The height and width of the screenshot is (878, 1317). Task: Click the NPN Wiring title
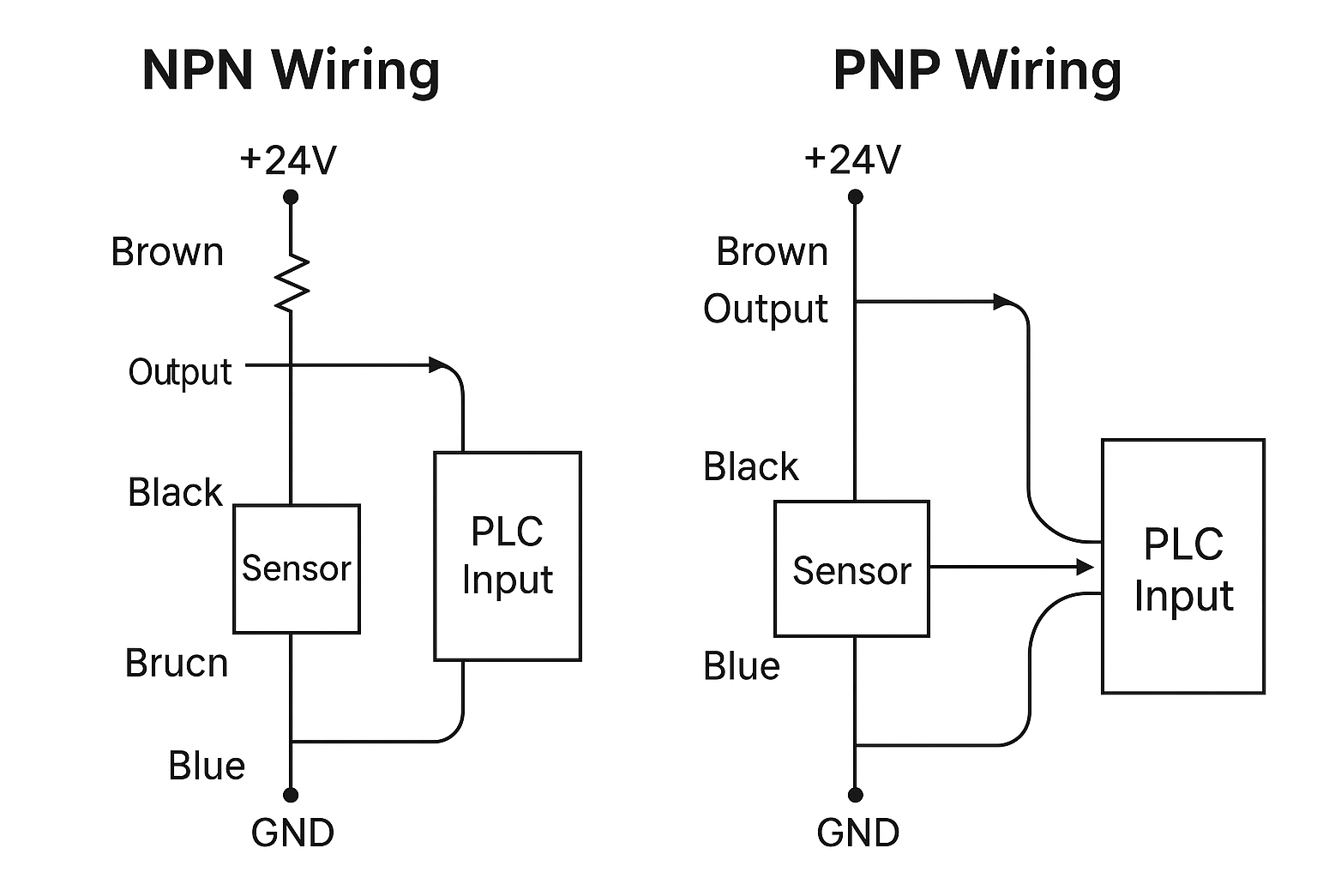(291, 70)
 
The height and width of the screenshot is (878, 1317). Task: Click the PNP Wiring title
(977, 70)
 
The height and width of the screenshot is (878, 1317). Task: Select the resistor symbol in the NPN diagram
(292, 281)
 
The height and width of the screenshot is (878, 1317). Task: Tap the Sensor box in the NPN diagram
(297, 568)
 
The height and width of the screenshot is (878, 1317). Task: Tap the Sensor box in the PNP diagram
(851, 569)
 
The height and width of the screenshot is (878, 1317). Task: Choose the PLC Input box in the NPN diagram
(508, 556)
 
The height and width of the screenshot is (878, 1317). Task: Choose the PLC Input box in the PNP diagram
(1183, 567)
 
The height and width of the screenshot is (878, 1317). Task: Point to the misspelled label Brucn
(177, 664)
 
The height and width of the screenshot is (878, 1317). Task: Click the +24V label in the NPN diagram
(288, 160)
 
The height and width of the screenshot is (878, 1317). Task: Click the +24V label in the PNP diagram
(852, 159)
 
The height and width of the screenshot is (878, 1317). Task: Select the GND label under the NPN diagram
(292, 833)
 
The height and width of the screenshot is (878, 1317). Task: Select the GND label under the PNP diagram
(857, 833)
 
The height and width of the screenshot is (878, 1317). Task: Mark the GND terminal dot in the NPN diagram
(292, 795)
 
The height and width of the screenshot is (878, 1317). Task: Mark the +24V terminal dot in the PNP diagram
(855, 197)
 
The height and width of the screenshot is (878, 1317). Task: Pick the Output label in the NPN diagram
(180, 372)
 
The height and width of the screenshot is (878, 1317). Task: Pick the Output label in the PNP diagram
(766, 310)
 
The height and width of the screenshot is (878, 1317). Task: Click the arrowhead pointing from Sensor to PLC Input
(1085, 567)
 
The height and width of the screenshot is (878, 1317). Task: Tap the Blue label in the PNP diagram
(742, 666)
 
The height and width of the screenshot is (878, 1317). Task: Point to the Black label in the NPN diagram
(175, 493)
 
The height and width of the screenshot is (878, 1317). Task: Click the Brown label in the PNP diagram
(772, 252)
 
